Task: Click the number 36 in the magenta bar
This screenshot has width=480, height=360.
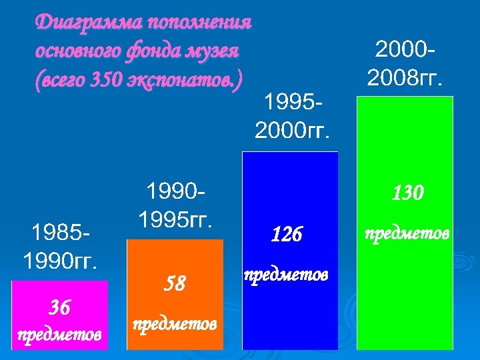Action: (59, 307)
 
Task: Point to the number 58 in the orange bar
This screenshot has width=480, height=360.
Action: (174, 285)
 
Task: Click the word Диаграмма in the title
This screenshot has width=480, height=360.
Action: (79, 22)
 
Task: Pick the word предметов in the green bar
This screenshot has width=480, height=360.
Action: (406, 235)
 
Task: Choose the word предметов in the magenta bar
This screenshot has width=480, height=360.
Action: (60, 333)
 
